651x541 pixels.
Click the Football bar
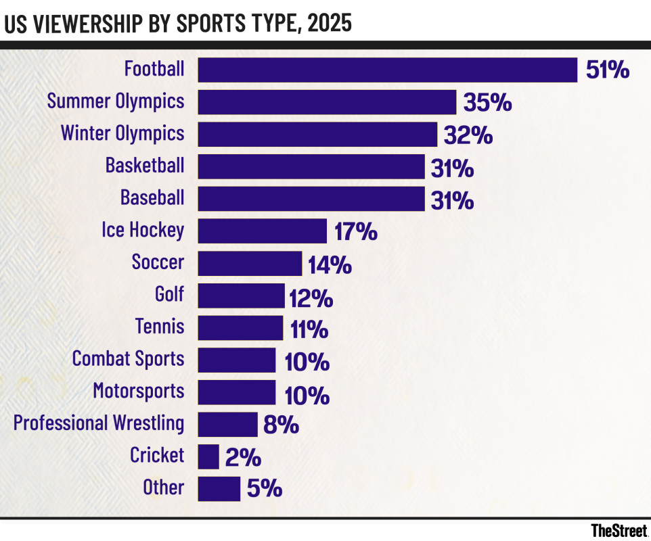387,70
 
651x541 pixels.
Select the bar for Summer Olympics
327,102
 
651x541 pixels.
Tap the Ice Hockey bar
262,231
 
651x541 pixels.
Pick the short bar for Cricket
208,456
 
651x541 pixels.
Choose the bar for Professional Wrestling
227,424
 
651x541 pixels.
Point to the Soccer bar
250,263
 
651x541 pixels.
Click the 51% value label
608,70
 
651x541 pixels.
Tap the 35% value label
487,103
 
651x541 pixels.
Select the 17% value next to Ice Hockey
355,231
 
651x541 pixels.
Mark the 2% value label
244,457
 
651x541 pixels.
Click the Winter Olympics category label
122,133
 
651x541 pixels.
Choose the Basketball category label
145,166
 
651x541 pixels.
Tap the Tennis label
160,327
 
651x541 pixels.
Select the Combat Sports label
128,358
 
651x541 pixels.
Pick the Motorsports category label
138,391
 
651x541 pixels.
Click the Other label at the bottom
163,488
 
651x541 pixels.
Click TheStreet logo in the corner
619,530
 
